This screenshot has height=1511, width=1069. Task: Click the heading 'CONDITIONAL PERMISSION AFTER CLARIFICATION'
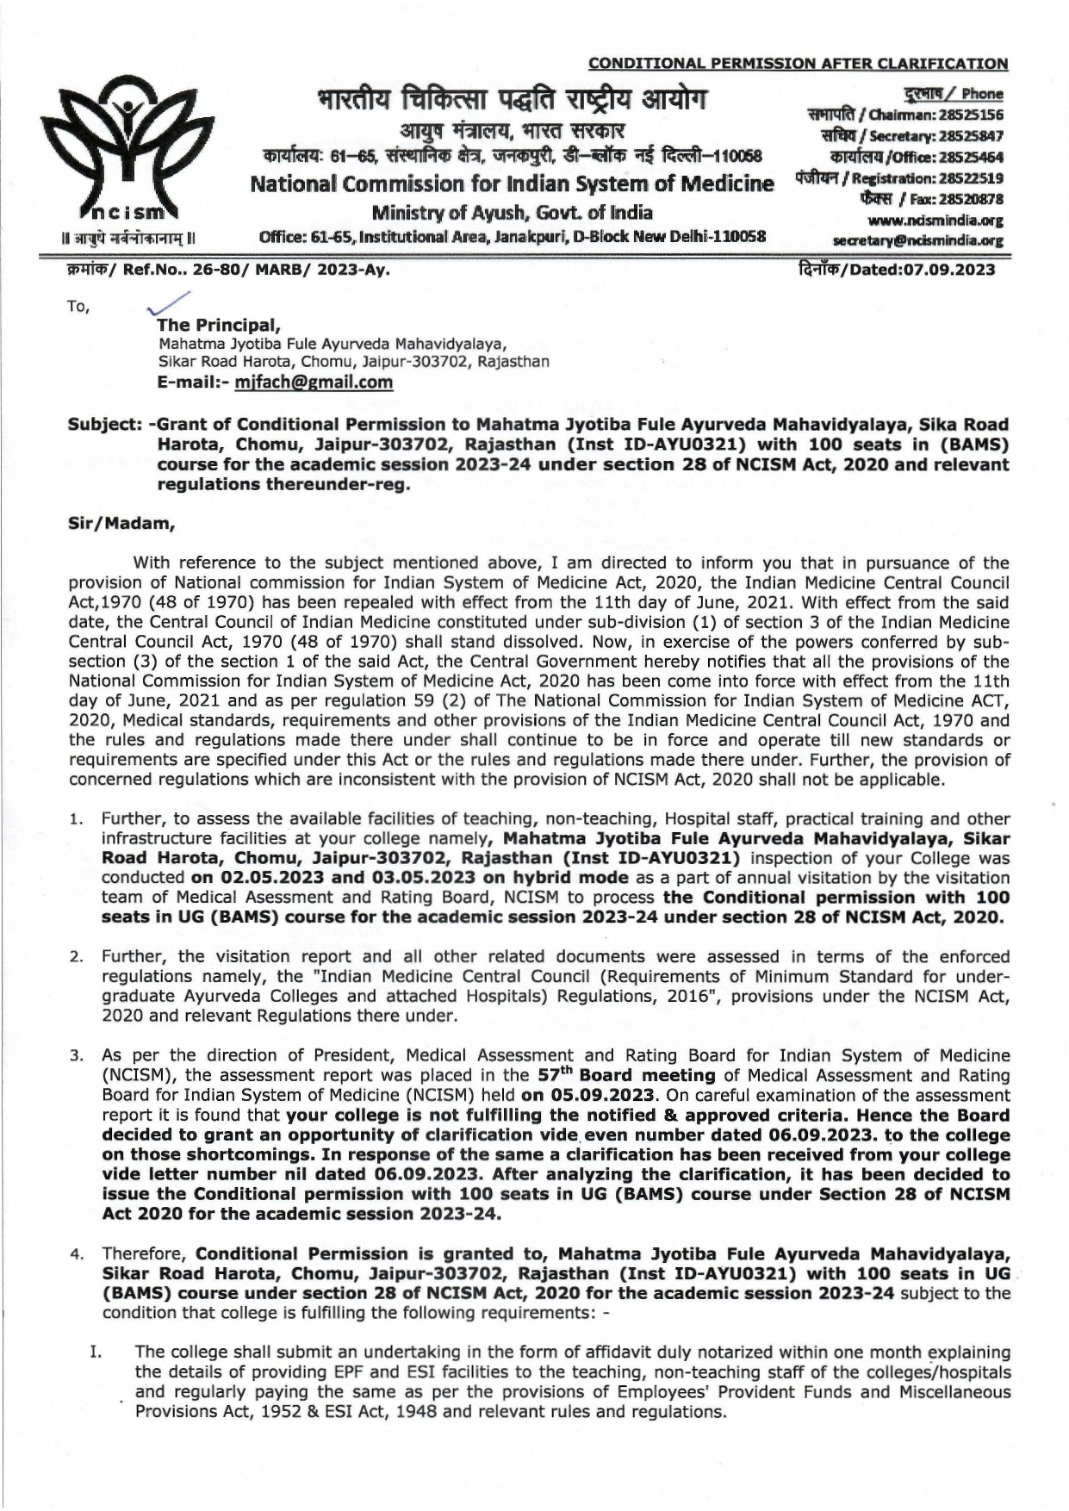pos(798,63)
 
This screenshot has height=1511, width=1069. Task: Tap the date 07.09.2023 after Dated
pos(948,270)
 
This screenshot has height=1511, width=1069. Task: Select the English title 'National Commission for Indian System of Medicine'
pos(512,184)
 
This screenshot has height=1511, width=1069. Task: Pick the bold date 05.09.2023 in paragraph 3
pos(599,1095)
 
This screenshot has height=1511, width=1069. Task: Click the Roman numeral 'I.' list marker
pos(97,1352)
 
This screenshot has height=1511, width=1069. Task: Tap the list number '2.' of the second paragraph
pos(77,957)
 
